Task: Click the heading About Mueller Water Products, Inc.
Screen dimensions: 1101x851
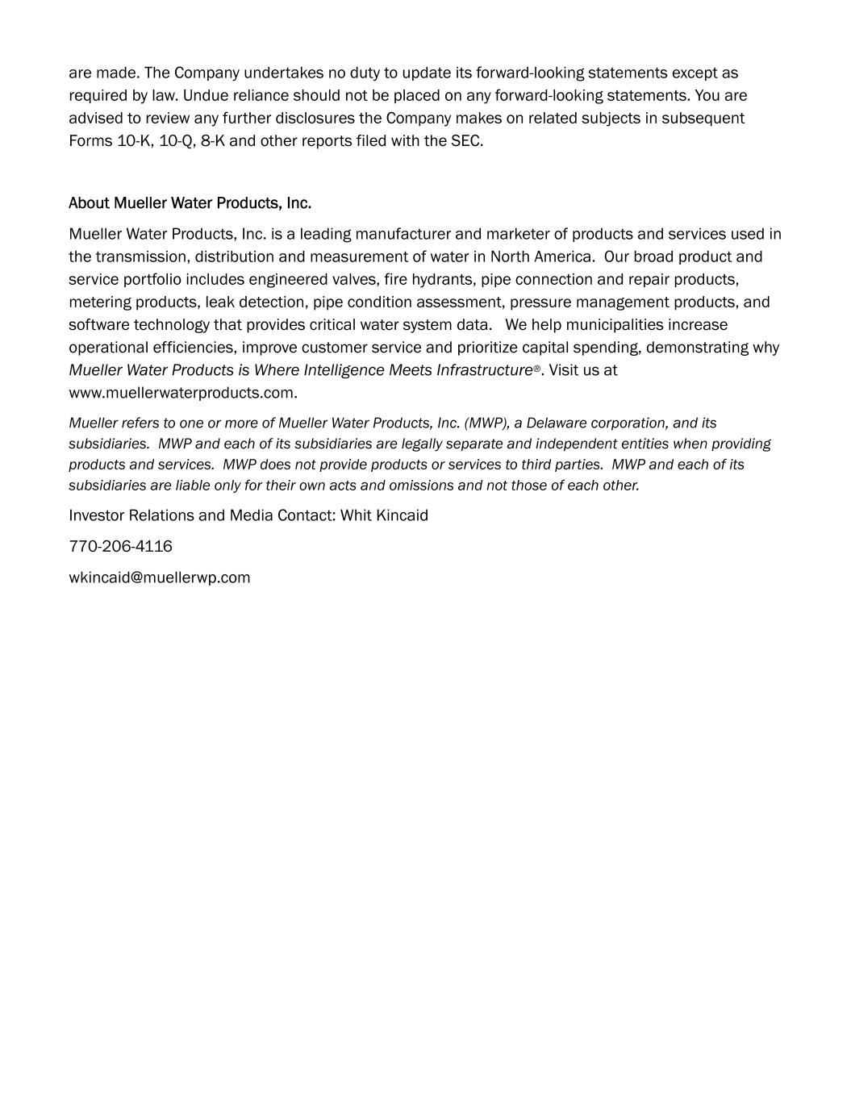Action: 190,202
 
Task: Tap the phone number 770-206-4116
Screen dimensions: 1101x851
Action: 120,546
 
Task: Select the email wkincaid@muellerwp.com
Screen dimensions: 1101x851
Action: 159,578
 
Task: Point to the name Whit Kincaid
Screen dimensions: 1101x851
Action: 384,515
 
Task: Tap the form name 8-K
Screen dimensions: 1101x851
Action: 212,141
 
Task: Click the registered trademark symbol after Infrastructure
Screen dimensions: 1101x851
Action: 537,369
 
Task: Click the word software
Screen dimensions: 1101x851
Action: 98,324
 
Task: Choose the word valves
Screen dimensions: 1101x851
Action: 352,279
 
